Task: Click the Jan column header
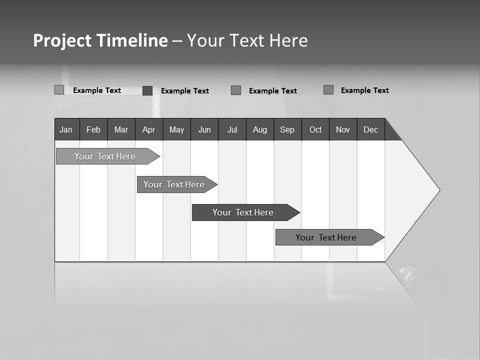[x=66, y=129]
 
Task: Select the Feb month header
[x=93, y=129]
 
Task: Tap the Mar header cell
[x=121, y=129]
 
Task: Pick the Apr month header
[x=149, y=129]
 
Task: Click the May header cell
[x=176, y=129]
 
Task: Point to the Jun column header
[x=204, y=129]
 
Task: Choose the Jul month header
[x=232, y=129]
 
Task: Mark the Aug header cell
[x=260, y=129]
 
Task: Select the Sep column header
[x=287, y=129]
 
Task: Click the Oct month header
[x=315, y=129]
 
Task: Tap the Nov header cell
[x=343, y=129]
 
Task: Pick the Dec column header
[x=371, y=129]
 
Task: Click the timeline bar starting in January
[x=105, y=156]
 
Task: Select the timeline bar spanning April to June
[x=174, y=184]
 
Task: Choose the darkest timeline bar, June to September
[x=243, y=212]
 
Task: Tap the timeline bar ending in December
[x=326, y=237]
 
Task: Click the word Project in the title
[x=62, y=40]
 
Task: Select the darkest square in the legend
[x=147, y=90]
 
